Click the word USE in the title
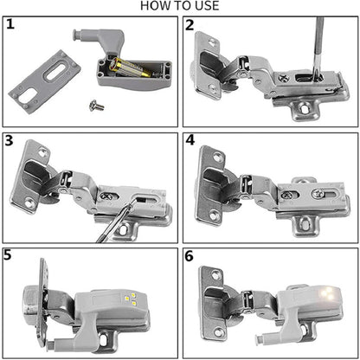[x=204, y=7]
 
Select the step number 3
[x=11, y=141]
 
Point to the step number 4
[x=190, y=141]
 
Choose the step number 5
[x=11, y=255]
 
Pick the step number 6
[x=190, y=255]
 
